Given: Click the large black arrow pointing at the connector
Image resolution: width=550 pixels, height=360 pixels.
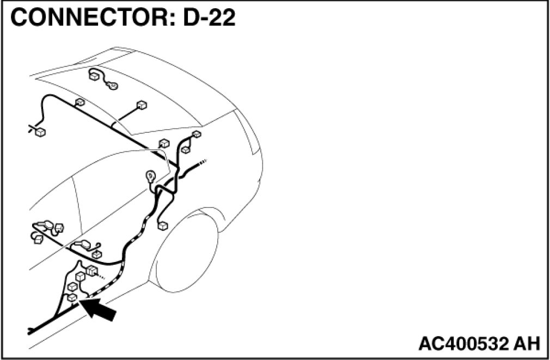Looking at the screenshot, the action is pyautogui.click(x=101, y=310).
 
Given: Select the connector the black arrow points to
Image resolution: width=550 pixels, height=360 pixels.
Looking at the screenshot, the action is pyautogui.click(x=71, y=297).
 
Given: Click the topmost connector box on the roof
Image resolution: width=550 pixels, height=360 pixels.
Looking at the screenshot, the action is pyautogui.click(x=93, y=76).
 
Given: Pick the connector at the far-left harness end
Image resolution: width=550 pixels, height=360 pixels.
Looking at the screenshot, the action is pyautogui.click(x=40, y=131).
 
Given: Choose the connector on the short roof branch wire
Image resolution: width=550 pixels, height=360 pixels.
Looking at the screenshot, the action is pyautogui.click(x=142, y=105).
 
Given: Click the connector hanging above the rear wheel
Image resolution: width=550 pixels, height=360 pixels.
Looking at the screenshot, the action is pyautogui.click(x=162, y=226).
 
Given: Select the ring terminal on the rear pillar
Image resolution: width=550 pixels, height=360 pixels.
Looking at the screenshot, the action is pyautogui.click(x=150, y=176).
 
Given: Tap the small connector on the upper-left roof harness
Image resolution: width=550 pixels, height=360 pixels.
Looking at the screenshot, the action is pyautogui.click(x=80, y=102).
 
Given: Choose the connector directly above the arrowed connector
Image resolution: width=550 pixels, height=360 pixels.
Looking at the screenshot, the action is pyautogui.click(x=71, y=286).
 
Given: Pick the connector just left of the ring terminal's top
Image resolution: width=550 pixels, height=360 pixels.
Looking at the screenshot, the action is pyautogui.click(x=163, y=143).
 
